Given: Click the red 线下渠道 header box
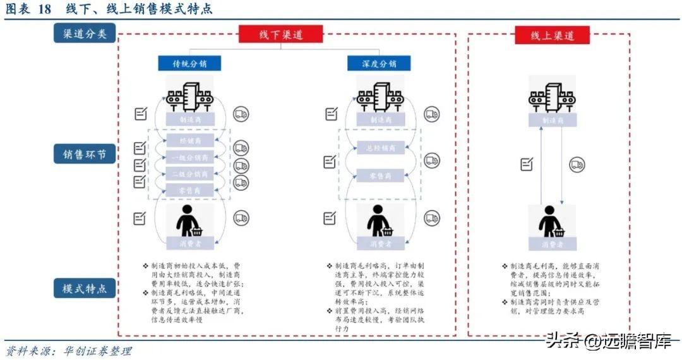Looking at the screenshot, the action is pos(280,34).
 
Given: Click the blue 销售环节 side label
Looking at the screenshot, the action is pos(84,153).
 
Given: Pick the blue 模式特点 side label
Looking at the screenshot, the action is pos(84,289).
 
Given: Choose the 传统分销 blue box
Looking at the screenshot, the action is pos(189,63).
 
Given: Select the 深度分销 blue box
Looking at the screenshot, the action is pos(379,63).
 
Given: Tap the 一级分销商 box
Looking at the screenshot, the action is pos(189,158).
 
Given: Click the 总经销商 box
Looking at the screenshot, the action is pos(380,148).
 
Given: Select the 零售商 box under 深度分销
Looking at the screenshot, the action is pos(380,176).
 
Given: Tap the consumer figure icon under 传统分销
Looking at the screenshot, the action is pos(189,221).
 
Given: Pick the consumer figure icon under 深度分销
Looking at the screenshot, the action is pos(380,221).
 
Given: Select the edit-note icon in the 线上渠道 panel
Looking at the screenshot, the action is pos(526,164).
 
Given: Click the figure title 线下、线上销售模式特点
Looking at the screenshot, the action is pos(139,9).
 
